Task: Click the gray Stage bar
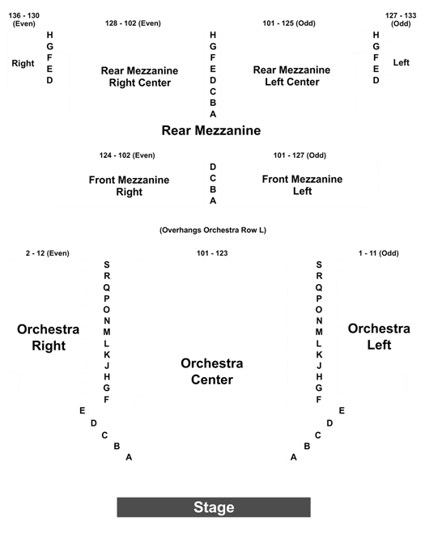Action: (214, 507)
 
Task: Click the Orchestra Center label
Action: (212, 371)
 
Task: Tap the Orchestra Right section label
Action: (49, 337)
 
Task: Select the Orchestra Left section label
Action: (379, 337)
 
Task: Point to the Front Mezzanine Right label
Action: (130, 185)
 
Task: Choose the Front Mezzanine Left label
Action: (302, 185)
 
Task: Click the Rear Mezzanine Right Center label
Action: (140, 77)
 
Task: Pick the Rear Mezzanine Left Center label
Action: (291, 76)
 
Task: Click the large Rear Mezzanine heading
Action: (211, 130)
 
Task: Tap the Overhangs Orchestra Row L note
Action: (213, 231)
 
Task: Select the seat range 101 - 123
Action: (212, 253)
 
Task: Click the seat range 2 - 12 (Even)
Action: (48, 253)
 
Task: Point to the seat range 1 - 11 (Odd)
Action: (379, 253)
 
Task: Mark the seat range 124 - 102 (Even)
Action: (127, 155)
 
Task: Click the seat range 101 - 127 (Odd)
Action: (300, 155)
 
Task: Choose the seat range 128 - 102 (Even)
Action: (133, 23)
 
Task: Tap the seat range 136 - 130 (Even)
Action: (23, 19)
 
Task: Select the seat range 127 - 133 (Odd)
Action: (401, 19)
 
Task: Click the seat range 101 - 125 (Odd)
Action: (289, 23)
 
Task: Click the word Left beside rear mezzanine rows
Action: (402, 62)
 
